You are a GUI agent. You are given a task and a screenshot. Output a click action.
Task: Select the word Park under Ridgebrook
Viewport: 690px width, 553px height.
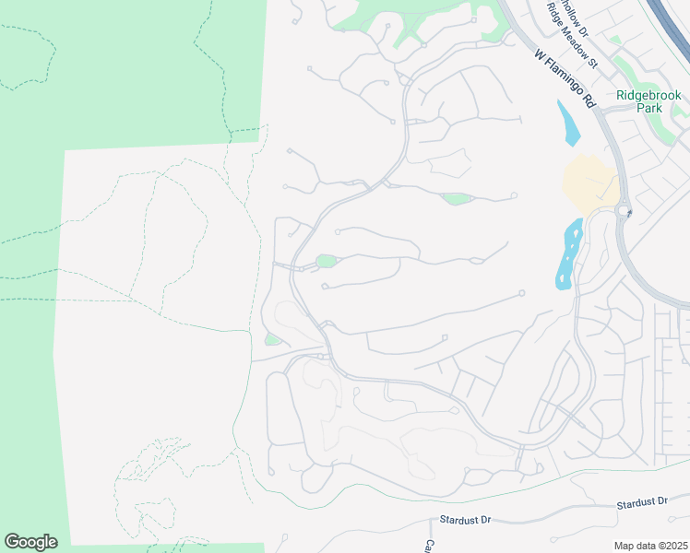pyautogui.click(x=649, y=108)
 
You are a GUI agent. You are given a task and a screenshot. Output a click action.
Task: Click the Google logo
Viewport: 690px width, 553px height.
pyautogui.click(x=30, y=542)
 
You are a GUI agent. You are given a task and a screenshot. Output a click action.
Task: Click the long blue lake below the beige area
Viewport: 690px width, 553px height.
pyautogui.click(x=569, y=253)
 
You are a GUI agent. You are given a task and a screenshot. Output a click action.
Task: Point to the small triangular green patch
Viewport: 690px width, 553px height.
pyautogui.click(x=271, y=340)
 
